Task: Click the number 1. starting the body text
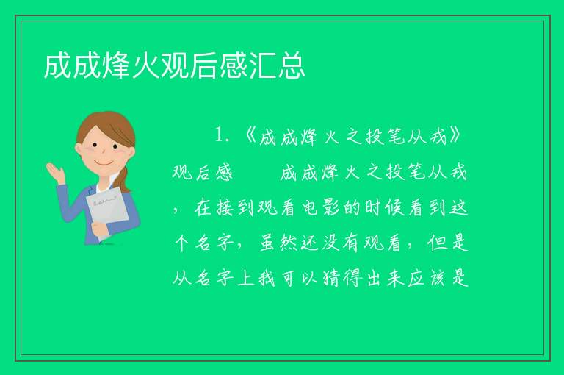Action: [x=223, y=135]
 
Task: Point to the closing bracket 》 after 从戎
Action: [x=455, y=135]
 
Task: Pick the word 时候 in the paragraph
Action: [x=385, y=208]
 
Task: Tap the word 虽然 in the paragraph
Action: [x=279, y=243]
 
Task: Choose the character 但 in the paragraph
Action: [x=437, y=243]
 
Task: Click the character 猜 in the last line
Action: [x=331, y=278]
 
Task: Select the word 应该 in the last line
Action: [x=426, y=278]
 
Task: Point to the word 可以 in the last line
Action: [x=300, y=278]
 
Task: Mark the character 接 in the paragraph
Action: [x=225, y=208]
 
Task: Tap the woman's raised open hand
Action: [x=56, y=172]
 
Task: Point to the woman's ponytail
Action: [x=124, y=179]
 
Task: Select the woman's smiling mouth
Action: [x=104, y=162]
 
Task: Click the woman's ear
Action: [x=79, y=149]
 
